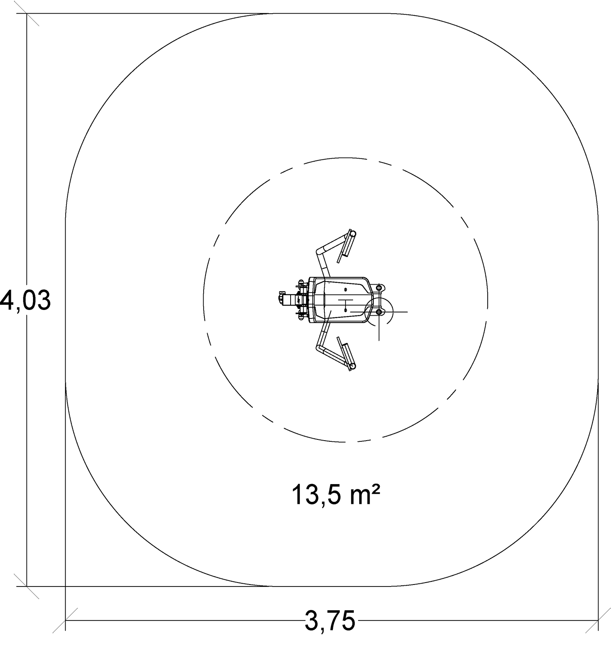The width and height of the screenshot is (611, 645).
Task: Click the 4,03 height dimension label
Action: coord(25,301)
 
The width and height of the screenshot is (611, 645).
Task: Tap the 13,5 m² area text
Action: coord(336,495)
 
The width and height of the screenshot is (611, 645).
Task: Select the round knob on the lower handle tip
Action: coord(352,366)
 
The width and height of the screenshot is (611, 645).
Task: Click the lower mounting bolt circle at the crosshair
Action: coord(379,312)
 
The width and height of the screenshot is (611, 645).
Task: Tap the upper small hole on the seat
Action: coord(345,290)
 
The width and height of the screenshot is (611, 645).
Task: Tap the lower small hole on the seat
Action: coord(345,310)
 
